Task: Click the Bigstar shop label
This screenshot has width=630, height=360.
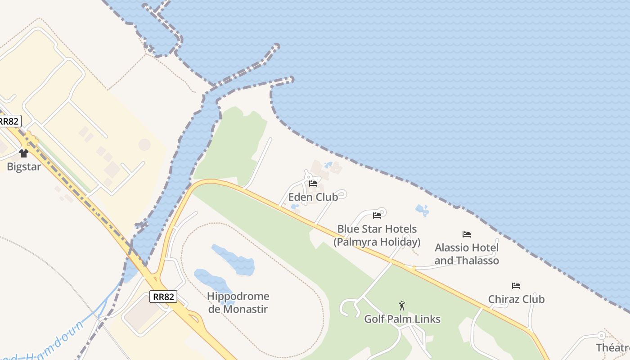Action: pos(23,166)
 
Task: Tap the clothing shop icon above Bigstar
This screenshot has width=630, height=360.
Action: pos(24,153)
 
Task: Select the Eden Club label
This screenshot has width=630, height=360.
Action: pos(313,197)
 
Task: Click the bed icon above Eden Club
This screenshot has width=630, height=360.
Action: pos(313,184)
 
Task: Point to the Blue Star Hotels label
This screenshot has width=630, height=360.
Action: pos(377,235)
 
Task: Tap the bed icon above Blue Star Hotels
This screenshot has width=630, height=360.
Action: pos(377,216)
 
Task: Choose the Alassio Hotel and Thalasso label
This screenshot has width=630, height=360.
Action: pos(467,254)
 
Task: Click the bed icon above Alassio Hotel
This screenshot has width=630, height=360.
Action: pos(467,234)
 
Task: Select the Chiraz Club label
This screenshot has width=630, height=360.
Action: pos(516,299)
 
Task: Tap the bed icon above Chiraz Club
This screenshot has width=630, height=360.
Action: pos(516,286)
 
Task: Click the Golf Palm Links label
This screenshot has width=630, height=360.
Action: pos(402,319)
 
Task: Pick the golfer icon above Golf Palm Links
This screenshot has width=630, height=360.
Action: pos(402,306)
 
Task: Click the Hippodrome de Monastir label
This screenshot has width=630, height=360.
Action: pos(238,302)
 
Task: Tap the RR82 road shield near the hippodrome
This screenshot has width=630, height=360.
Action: pos(163,297)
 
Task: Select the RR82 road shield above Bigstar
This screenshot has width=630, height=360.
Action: pos(9,121)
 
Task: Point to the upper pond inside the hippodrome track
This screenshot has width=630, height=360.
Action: pos(234,260)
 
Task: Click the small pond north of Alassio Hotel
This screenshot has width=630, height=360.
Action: pos(422,210)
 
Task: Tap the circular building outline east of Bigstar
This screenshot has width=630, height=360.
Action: pos(144,144)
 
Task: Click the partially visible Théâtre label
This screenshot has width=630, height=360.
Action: pos(613,347)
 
